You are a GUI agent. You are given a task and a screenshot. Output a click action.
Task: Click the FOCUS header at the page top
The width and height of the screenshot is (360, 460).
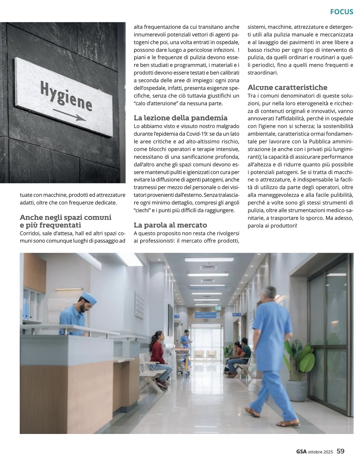click(x=341, y=12)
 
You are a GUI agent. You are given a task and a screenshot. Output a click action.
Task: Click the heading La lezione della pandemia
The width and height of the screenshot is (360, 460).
click(x=181, y=118)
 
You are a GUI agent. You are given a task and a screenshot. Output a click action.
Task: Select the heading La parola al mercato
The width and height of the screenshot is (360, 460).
click(x=170, y=225)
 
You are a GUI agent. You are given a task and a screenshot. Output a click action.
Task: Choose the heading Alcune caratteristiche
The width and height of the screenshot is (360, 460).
click(x=287, y=87)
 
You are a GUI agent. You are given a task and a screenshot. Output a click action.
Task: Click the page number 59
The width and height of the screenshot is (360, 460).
click(x=341, y=451)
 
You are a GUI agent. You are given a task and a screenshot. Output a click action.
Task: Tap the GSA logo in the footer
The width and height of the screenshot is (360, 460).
click(x=301, y=452)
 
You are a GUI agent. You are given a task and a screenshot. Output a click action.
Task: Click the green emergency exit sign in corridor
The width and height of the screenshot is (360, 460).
click(x=218, y=308)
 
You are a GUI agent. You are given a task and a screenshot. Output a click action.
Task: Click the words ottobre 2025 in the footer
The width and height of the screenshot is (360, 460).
click(x=320, y=452)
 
